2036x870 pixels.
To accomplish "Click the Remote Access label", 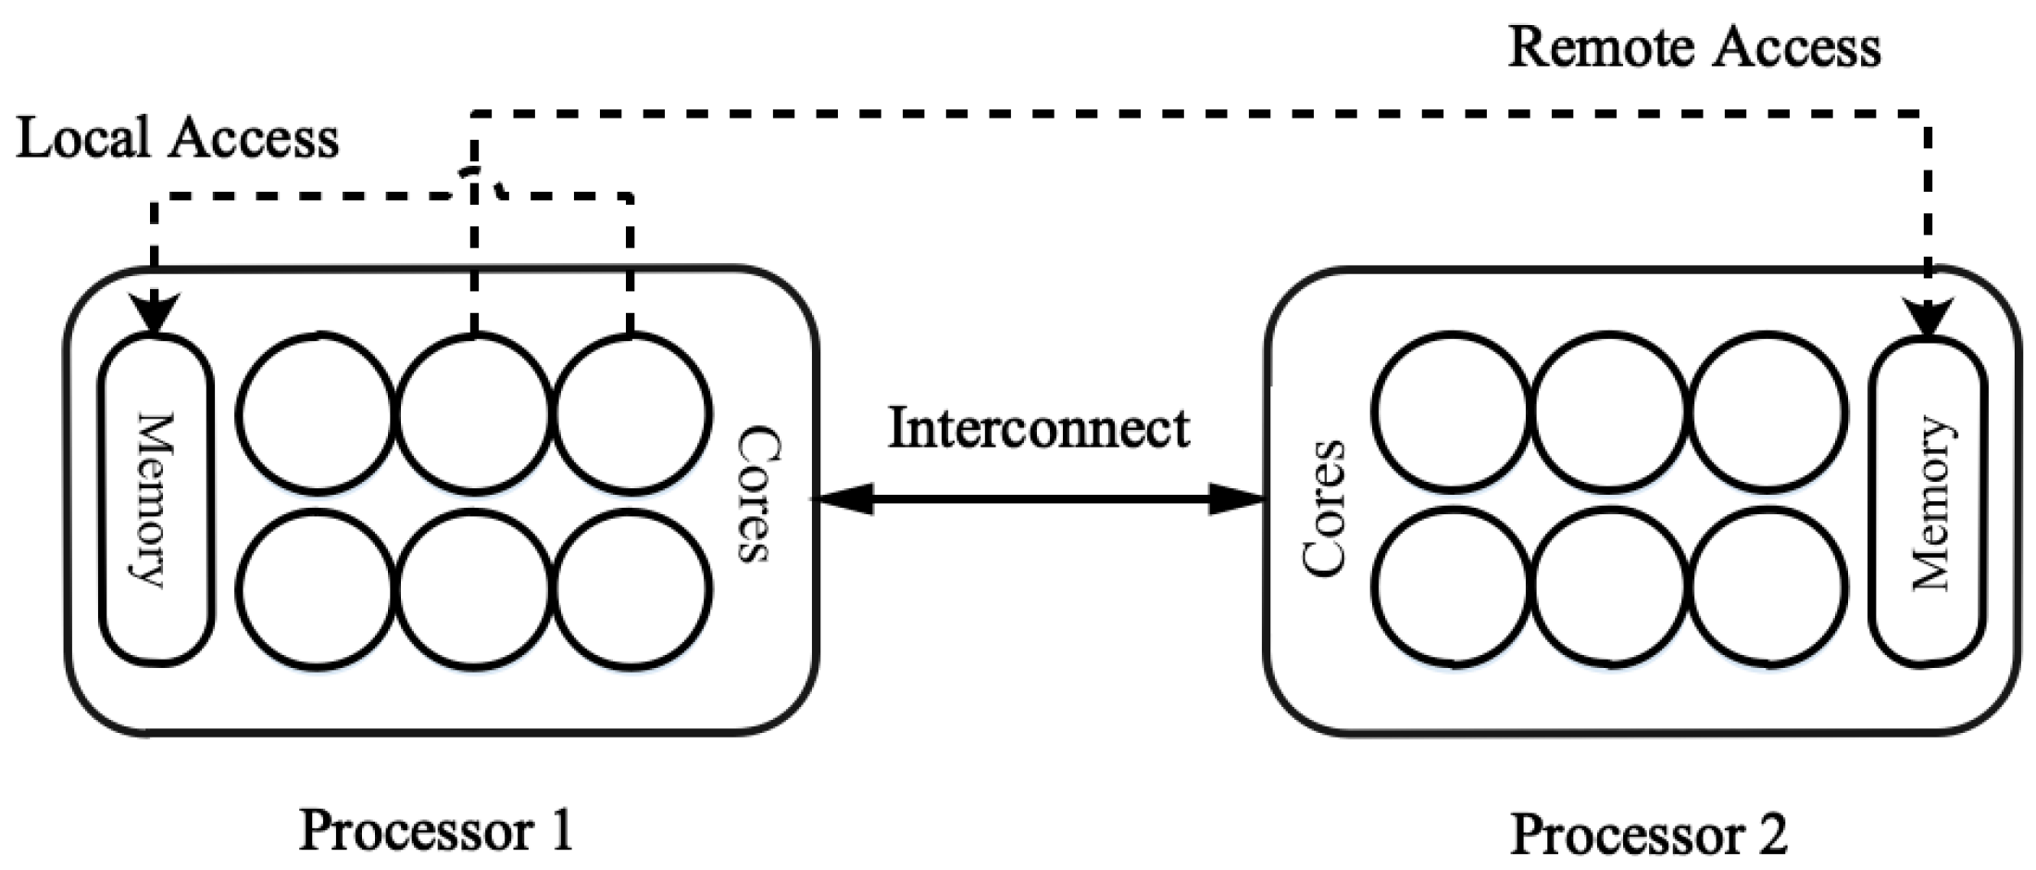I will pos(1693,48).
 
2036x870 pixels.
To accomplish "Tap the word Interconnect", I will pos(1038,429).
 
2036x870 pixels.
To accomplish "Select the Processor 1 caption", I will pos(436,830).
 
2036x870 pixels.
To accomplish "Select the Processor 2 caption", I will pos(1648,834).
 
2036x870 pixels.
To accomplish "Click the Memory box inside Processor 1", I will pos(156,500).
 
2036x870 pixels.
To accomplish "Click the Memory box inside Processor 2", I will pos(1928,502).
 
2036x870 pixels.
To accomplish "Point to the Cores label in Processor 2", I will pos(1322,508).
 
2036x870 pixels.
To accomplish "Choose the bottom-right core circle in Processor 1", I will pos(631,588).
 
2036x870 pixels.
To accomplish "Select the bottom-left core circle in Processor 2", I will pos(1450,588).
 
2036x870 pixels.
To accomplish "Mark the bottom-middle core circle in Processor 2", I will pos(1608,588).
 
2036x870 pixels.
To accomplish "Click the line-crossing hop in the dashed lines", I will pos(476,181).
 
